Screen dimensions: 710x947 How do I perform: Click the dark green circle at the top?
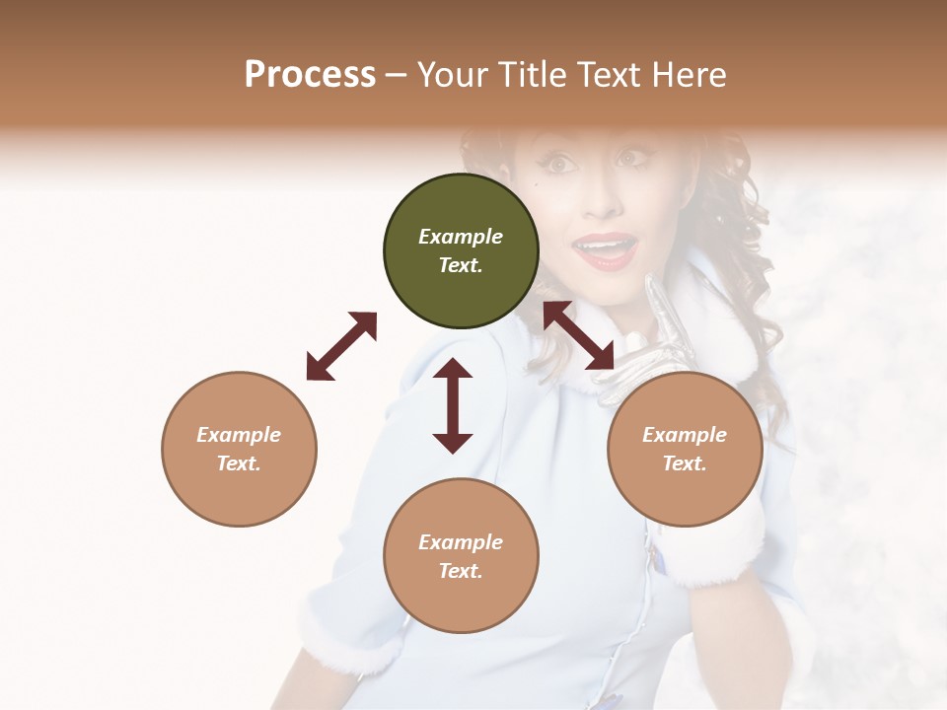point(461,251)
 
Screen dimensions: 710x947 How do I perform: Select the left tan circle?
point(239,449)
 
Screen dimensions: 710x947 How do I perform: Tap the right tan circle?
point(685,449)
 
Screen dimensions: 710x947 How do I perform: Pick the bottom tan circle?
point(461,556)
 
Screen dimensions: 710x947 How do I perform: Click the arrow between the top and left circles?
point(341,346)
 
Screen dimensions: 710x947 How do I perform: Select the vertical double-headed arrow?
point(453,405)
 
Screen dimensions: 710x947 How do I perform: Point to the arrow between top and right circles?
point(579,336)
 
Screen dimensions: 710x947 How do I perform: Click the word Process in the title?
point(310,75)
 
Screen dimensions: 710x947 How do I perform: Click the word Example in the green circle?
point(461,237)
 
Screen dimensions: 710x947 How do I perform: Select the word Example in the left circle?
point(239,435)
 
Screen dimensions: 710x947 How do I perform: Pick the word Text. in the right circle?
point(685,463)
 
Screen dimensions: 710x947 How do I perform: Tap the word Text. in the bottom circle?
point(461,571)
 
